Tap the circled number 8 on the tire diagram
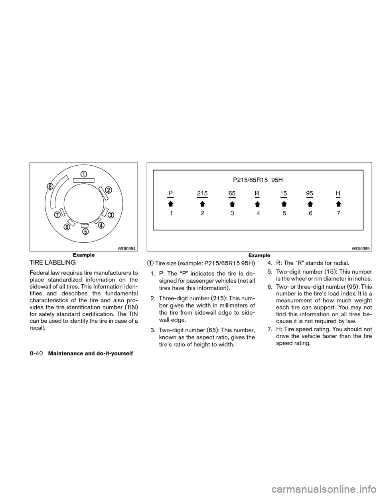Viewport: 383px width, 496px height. [50, 186]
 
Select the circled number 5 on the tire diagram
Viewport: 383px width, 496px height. [85, 231]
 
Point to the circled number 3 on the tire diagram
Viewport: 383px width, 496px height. [111, 215]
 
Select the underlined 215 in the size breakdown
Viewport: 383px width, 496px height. [202, 193]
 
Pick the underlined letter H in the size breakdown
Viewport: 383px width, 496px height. [338, 193]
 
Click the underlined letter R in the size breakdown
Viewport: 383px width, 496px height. [257, 193]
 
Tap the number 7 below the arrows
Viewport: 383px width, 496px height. [338, 213]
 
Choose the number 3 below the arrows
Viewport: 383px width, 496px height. [232, 213]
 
